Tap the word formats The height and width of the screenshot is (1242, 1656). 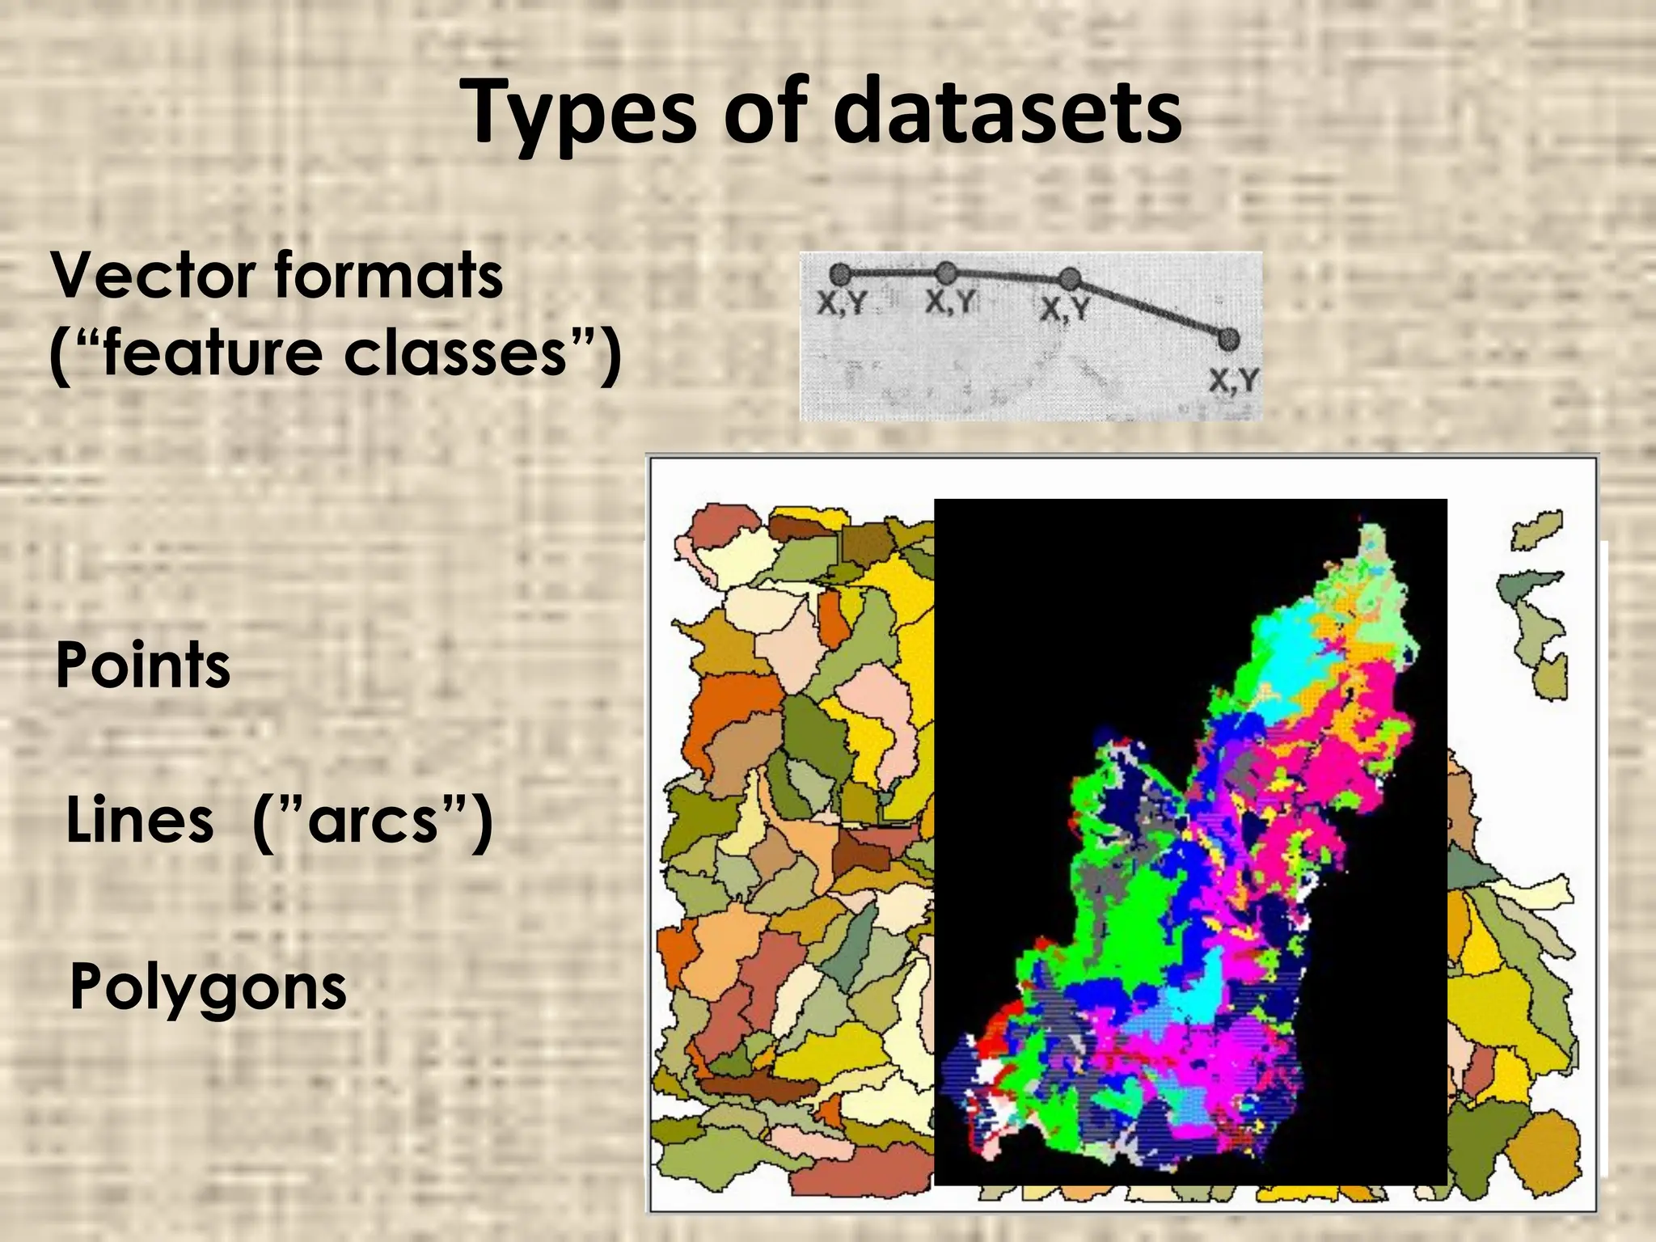(388, 276)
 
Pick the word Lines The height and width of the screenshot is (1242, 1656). (140, 820)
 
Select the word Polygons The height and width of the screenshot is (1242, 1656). (208, 988)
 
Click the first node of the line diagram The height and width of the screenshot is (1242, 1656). (840, 273)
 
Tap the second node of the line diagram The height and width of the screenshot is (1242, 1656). (946, 272)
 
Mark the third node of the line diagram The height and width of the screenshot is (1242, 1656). (1070, 279)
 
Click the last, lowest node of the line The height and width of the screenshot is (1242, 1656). (1227, 339)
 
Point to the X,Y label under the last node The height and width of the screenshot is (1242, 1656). (1234, 380)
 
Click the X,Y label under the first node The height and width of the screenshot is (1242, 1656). (842, 304)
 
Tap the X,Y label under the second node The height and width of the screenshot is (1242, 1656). (951, 302)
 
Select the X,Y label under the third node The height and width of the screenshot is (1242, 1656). (1065, 309)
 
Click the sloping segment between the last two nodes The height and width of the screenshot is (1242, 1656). (1148, 309)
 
